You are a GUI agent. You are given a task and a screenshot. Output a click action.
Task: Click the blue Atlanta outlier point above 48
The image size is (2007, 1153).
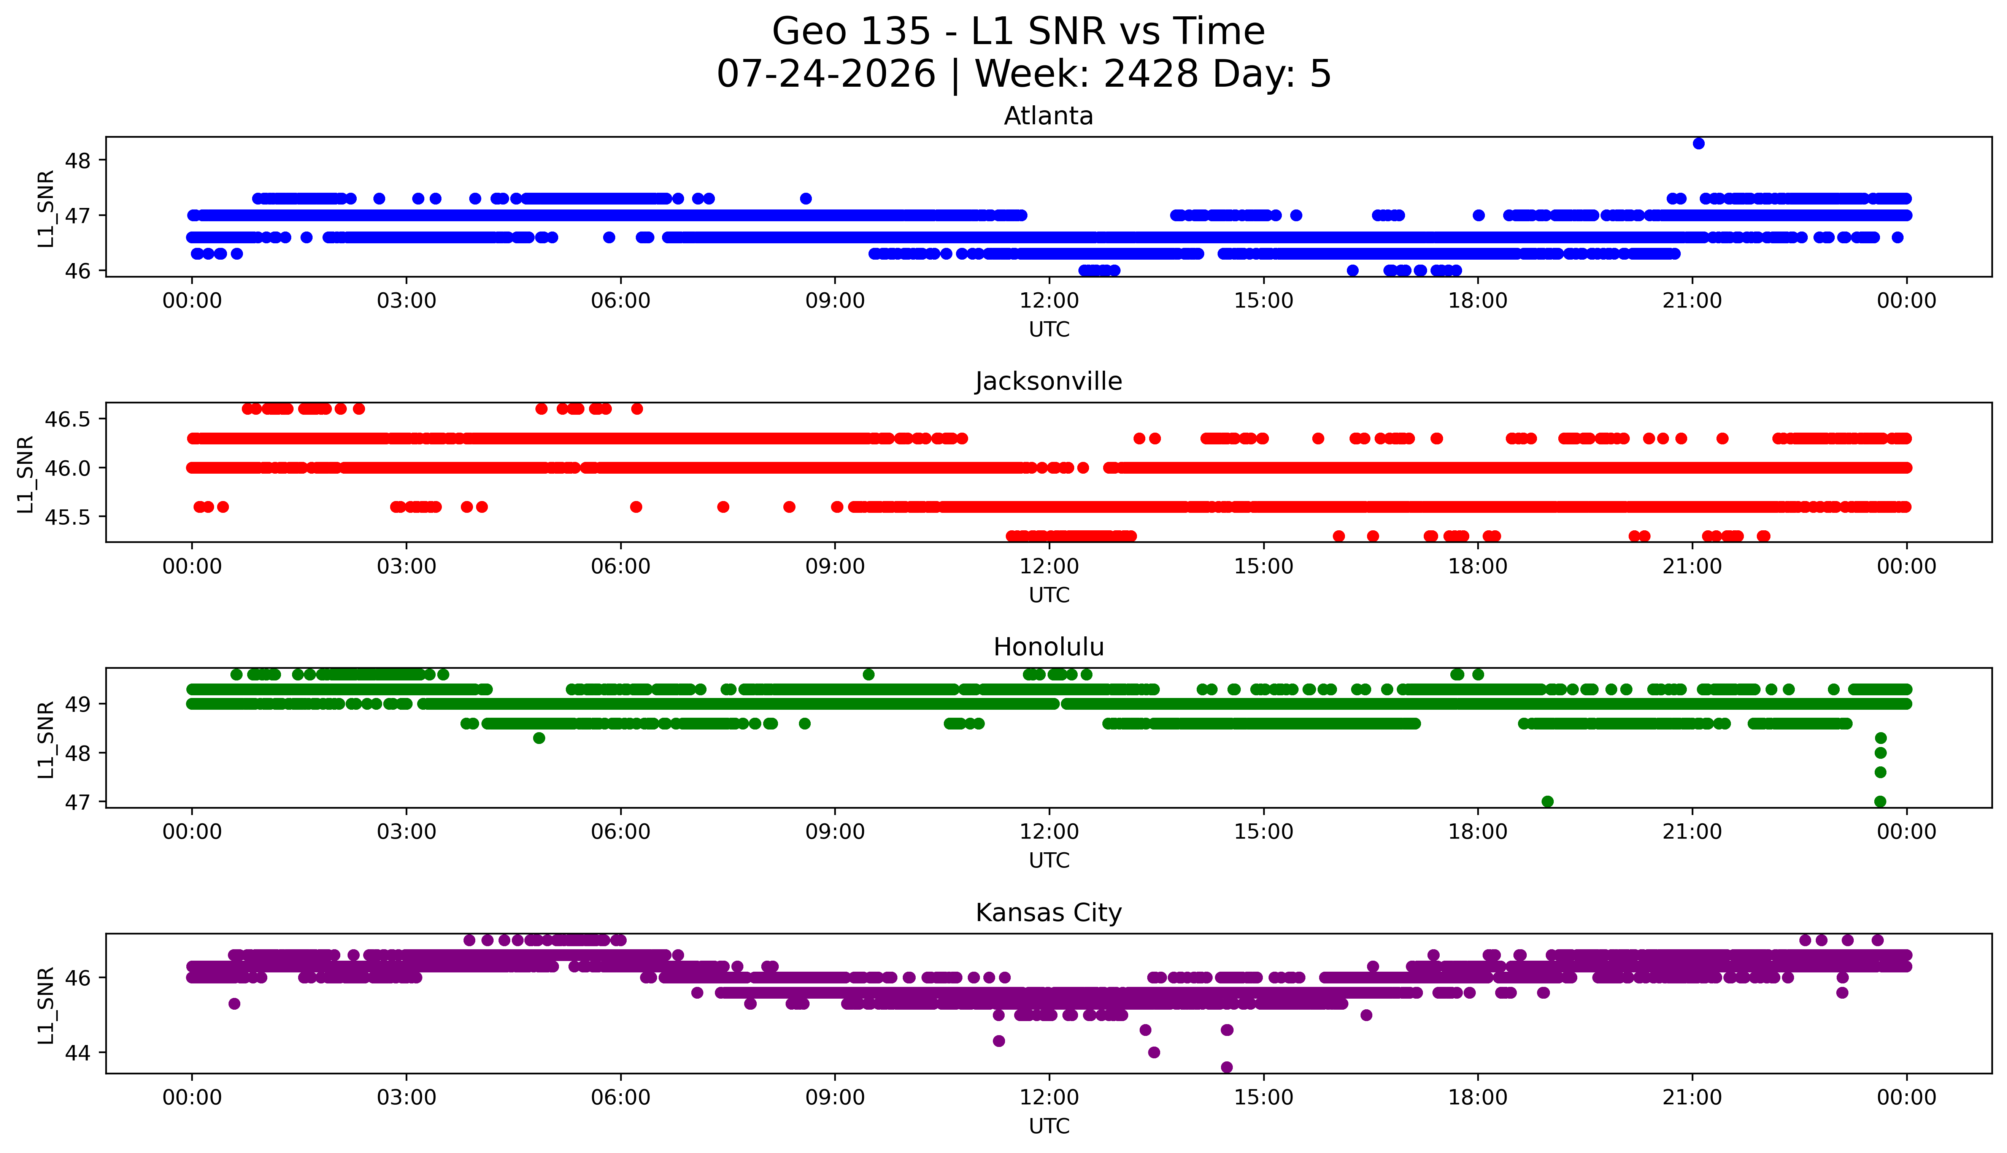tap(1698, 143)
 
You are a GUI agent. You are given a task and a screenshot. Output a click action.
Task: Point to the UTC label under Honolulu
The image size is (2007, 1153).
tap(1049, 861)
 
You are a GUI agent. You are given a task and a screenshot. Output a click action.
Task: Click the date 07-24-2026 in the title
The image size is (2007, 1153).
tap(826, 75)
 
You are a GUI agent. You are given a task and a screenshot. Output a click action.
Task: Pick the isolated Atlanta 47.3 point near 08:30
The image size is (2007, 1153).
tap(805, 199)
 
